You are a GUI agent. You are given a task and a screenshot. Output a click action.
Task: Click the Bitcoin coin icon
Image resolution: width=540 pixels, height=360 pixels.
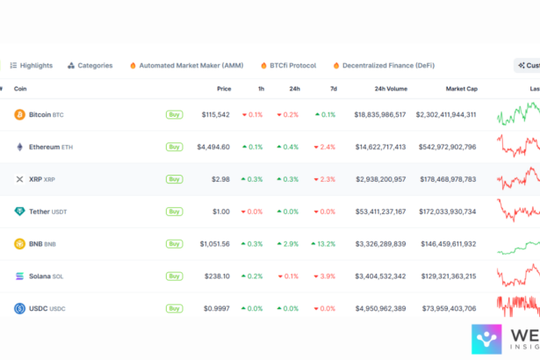pos(19,114)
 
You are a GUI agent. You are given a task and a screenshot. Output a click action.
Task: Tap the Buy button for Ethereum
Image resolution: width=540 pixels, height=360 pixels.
pos(175,147)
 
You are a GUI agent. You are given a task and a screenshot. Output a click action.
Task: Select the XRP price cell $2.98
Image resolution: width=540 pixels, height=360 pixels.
pos(220,179)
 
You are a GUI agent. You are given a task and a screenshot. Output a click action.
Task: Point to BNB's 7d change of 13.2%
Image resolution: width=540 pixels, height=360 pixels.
pos(323,244)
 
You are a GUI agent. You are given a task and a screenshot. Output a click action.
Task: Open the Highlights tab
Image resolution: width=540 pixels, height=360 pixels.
pos(31,65)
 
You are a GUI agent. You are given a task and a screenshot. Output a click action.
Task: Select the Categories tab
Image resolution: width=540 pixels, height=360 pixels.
pos(90,65)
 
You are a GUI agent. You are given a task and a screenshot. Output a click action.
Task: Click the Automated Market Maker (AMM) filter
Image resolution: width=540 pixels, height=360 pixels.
pos(186,65)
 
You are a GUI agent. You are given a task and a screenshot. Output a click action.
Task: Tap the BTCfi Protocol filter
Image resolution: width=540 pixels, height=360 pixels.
pos(288,65)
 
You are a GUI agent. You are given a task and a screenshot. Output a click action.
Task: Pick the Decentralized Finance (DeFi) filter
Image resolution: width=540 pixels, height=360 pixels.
pos(383,65)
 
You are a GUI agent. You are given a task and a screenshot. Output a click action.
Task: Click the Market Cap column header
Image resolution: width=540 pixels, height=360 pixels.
pos(461,88)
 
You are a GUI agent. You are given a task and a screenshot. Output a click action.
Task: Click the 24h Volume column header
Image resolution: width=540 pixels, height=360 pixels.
pos(391,88)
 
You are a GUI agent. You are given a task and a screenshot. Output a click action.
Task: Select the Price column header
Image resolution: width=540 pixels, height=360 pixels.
pos(224,88)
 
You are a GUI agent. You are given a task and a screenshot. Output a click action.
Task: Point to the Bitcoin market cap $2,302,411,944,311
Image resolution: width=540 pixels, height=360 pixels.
pos(446,114)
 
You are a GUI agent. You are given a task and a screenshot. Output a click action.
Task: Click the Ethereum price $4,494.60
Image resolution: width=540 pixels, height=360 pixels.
pos(213,147)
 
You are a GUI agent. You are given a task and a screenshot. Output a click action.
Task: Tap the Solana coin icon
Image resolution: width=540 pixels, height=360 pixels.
pos(19,277)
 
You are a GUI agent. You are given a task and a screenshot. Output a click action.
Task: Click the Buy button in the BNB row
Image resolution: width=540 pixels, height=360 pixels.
pos(175,244)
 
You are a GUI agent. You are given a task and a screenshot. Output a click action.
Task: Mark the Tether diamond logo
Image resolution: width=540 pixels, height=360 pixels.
pos(19,212)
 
